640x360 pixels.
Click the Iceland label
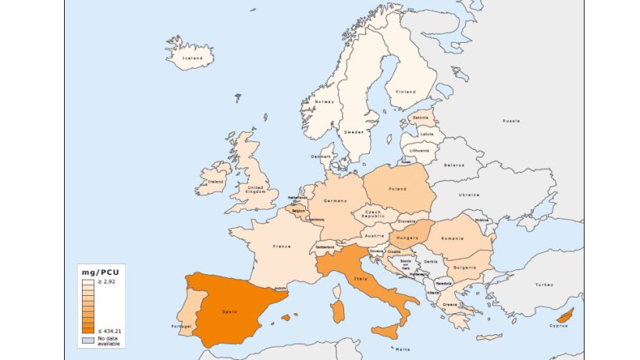(x=192, y=58)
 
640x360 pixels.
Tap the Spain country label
(x=229, y=311)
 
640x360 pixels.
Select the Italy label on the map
(x=361, y=279)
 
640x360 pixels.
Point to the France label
(x=282, y=247)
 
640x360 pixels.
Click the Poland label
(x=397, y=189)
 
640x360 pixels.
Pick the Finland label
(x=406, y=91)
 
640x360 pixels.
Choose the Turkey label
(x=543, y=284)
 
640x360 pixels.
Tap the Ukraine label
(x=469, y=194)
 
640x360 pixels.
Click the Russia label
(x=511, y=121)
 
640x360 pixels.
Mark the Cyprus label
(x=558, y=326)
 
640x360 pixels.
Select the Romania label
(x=452, y=237)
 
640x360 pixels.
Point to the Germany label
(x=335, y=201)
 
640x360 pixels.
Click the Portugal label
(x=181, y=326)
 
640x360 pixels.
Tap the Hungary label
(x=407, y=237)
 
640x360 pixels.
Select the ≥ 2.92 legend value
(x=107, y=280)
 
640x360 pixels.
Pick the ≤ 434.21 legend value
(x=109, y=331)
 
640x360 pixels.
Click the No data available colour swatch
(x=88, y=340)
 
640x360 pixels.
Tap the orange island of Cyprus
(x=565, y=315)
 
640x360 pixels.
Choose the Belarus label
(x=454, y=165)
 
